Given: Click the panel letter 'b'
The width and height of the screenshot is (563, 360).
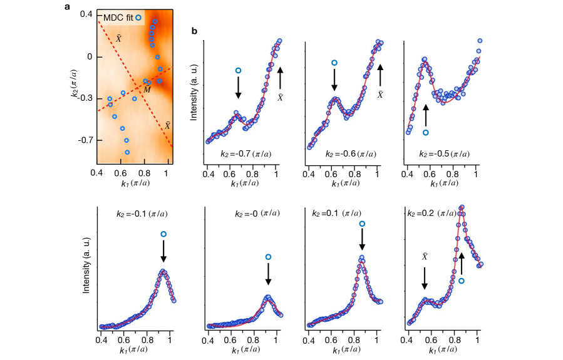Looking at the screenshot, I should click(x=195, y=31).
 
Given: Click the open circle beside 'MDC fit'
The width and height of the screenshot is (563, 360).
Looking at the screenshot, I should click(x=138, y=18).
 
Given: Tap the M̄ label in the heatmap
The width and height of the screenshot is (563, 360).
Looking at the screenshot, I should click(x=147, y=90).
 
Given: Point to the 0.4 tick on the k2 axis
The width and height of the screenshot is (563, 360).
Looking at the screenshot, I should click(x=85, y=14).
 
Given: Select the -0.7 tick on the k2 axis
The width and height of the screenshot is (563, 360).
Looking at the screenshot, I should click(x=83, y=140).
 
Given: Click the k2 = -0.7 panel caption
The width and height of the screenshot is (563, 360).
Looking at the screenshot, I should click(x=250, y=153).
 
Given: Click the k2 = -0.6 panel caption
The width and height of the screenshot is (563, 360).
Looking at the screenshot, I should click(x=349, y=153).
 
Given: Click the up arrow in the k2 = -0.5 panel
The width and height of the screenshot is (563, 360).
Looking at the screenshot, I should click(x=426, y=116).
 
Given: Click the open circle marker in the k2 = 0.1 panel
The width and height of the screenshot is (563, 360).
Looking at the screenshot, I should click(x=361, y=224).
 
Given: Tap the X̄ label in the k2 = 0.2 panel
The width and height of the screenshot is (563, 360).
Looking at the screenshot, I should click(x=424, y=257).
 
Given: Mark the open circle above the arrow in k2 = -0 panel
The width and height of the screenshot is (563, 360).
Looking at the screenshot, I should click(x=268, y=257).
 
